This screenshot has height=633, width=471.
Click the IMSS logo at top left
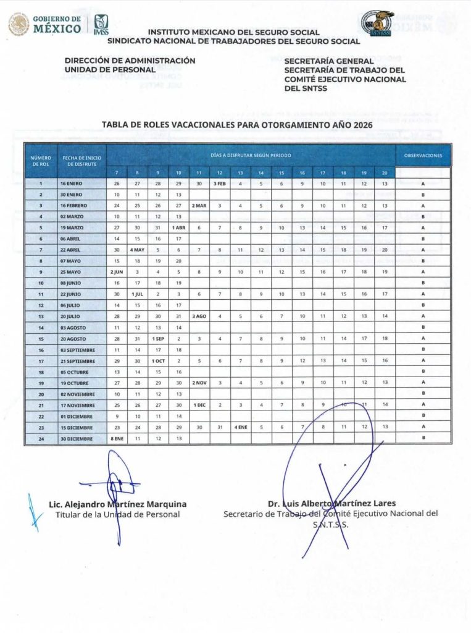click(x=101, y=25)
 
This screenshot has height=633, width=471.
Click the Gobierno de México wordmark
click(x=56, y=23)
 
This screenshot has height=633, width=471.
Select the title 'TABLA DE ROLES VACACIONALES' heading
click(x=232, y=124)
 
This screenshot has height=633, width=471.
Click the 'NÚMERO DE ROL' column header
click(x=40, y=161)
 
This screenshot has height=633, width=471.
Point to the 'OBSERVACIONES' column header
click(x=423, y=156)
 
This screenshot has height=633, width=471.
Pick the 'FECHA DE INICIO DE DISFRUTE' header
click(x=81, y=161)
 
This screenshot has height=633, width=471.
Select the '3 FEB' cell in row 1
click(x=220, y=184)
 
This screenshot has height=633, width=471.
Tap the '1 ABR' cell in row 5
click(x=178, y=227)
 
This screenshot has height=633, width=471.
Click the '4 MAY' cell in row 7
click(x=137, y=249)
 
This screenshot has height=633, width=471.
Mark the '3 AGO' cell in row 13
click(x=199, y=316)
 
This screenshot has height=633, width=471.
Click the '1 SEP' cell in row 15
click(x=158, y=338)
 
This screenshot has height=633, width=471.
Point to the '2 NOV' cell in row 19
click(x=199, y=383)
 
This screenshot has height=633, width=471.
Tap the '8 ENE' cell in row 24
click(x=117, y=438)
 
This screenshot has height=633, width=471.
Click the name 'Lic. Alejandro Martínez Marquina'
click(x=117, y=504)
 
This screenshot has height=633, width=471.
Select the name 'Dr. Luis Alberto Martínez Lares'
click(x=331, y=503)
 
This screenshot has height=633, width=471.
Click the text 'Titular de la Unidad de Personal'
click(x=117, y=514)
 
